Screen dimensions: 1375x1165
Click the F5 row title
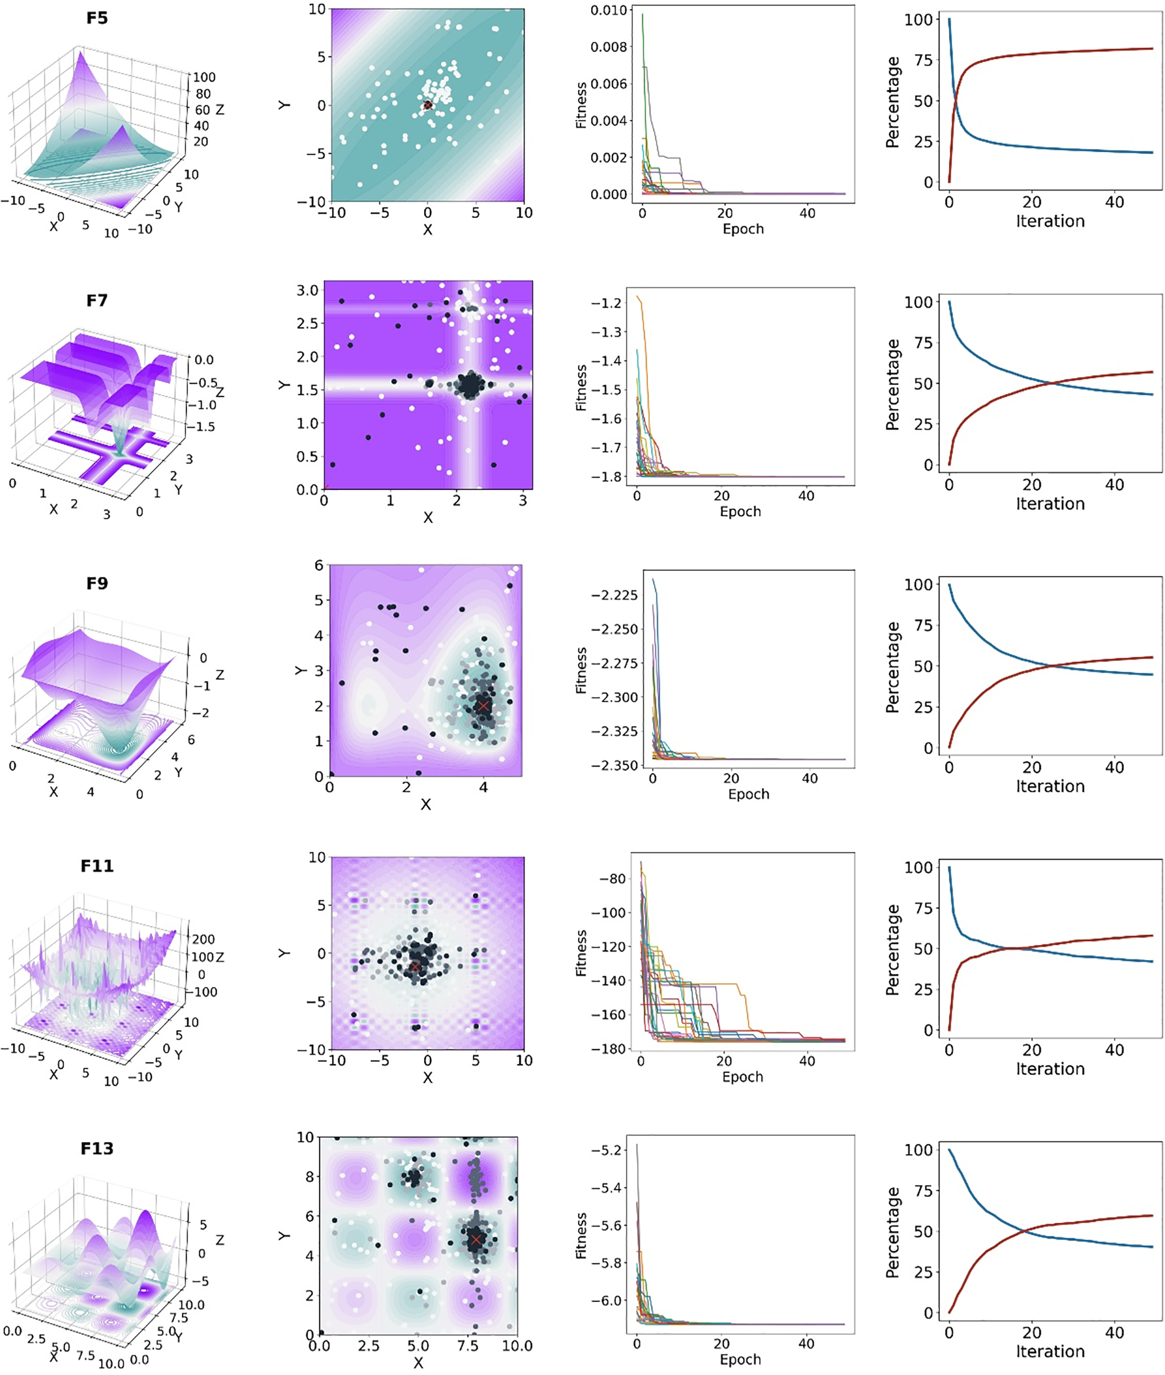96,18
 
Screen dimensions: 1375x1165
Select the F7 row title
96,300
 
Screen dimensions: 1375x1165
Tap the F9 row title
96,583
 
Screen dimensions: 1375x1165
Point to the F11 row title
96,866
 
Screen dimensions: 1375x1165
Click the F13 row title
96,1148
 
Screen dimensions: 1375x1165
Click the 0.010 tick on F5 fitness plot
608,10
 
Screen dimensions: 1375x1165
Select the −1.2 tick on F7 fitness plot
606,303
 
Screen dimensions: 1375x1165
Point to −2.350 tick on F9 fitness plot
615,765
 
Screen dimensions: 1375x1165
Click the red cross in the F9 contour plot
483,706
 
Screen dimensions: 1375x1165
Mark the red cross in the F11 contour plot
414,966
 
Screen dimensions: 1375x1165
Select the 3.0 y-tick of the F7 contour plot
308,291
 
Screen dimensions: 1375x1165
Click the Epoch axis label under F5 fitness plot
743,229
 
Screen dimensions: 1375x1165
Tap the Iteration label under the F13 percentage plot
1050,1351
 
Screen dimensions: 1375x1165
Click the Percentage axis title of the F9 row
892,668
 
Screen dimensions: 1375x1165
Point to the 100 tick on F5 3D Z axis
204,77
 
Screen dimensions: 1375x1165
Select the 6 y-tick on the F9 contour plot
318,565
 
